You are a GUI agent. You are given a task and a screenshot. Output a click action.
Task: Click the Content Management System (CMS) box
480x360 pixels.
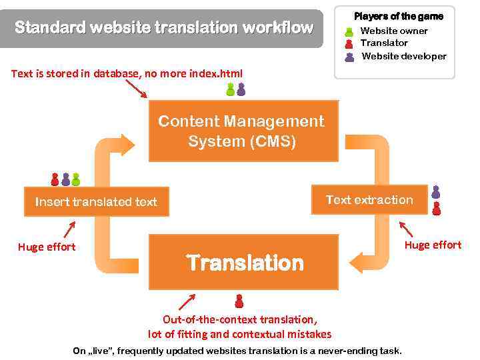click(x=243, y=131)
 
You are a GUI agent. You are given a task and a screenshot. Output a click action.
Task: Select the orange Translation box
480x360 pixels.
click(x=243, y=262)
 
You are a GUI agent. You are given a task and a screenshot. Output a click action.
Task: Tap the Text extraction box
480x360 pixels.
click(x=369, y=200)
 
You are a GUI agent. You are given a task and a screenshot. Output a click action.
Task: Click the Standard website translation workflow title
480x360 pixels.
click(x=163, y=28)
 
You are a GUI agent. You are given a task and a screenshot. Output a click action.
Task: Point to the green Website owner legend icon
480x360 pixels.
click(x=349, y=31)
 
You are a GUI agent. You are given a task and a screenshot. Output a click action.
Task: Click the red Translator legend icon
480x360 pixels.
click(x=349, y=43)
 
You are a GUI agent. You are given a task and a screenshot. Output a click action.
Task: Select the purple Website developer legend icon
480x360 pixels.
click(x=349, y=56)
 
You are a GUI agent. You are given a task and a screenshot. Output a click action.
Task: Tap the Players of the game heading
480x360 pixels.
click(x=398, y=16)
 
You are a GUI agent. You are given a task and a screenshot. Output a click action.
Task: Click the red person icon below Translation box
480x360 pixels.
click(x=239, y=301)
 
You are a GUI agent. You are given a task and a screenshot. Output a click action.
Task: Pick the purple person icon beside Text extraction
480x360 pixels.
click(x=436, y=193)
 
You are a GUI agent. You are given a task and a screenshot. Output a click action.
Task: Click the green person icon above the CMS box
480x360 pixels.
click(x=231, y=89)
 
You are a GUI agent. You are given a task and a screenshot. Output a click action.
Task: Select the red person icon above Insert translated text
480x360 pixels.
click(x=55, y=179)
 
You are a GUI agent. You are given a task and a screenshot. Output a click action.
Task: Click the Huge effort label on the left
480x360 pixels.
click(x=47, y=247)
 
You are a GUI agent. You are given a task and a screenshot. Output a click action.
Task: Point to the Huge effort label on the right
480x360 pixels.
click(x=433, y=245)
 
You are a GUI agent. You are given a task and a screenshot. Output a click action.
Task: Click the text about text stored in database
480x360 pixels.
click(x=127, y=73)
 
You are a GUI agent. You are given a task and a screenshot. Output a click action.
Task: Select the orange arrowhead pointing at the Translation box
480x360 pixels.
click(x=357, y=262)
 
